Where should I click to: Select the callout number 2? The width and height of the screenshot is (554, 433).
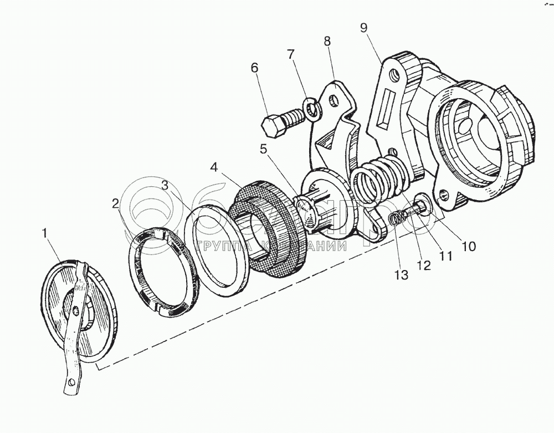(x=115, y=203)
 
